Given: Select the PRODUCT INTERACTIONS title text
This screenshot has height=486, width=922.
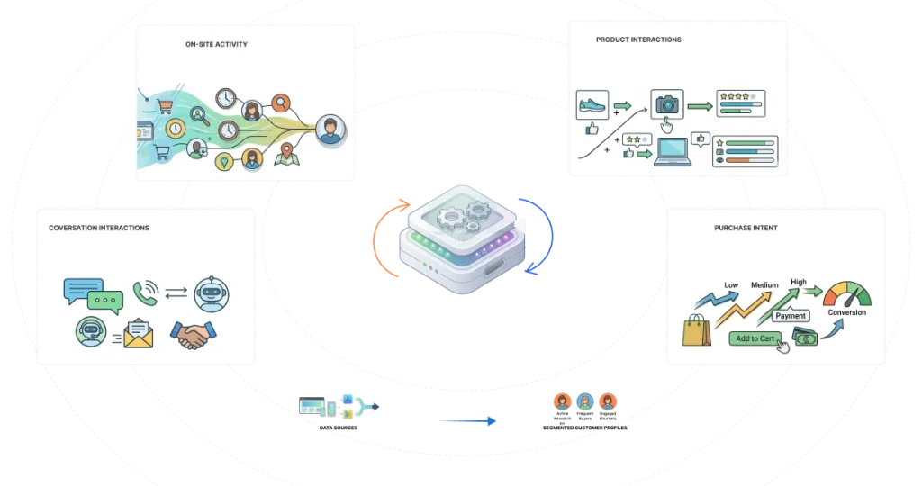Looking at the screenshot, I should tap(638, 40).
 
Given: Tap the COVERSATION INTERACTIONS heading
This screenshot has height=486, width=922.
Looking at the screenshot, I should tap(99, 229).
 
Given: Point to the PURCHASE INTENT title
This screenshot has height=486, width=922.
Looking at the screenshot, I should tap(746, 229).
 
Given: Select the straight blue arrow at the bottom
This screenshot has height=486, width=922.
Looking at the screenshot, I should tap(468, 420).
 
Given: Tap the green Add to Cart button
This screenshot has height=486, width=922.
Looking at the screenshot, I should tap(754, 338).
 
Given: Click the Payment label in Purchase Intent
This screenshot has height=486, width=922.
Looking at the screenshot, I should tap(791, 316).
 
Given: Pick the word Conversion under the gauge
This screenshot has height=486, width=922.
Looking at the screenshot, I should tap(846, 313).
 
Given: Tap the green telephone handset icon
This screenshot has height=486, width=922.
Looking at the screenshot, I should tap(145, 291).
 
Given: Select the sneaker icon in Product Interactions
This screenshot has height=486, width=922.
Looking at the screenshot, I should tap(592, 106).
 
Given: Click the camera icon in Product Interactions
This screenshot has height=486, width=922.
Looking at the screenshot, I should tap(667, 105).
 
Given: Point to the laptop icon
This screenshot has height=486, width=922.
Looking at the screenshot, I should tap(674, 150).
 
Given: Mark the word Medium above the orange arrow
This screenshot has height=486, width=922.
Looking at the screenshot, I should tap(764, 285).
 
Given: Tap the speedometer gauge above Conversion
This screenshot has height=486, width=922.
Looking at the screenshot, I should tap(847, 293).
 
